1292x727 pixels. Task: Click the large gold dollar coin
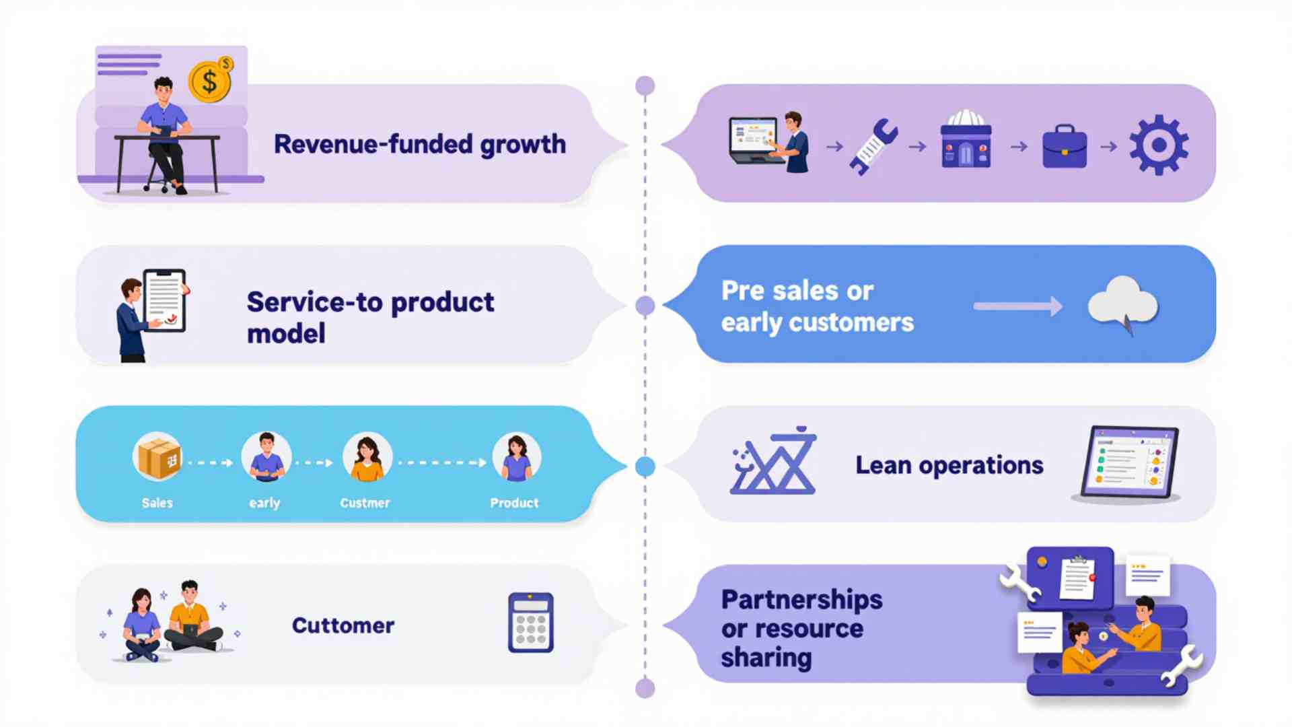point(209,82)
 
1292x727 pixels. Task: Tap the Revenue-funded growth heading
point(419,144)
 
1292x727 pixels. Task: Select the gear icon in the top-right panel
point(1158,145)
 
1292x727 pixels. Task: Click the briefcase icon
point(1064,147)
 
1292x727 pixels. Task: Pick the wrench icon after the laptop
point(873,147)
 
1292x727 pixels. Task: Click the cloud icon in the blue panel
point(1122,303)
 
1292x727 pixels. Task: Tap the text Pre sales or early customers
point(816,306)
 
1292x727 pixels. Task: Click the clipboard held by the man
point(164,300)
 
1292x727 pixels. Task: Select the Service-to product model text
point(369,317)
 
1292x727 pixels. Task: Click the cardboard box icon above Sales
point(157,457)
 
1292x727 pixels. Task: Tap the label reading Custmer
point(365,503)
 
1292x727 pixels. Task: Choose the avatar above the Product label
point(516,457)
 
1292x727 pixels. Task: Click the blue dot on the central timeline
point(645,466)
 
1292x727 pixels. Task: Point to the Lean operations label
point(949,465)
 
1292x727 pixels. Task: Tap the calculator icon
point(530,623)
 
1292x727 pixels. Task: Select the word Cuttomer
point(343,625)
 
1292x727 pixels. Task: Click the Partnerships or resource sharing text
point(801,628)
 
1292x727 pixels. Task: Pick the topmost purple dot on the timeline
point(645,85)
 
